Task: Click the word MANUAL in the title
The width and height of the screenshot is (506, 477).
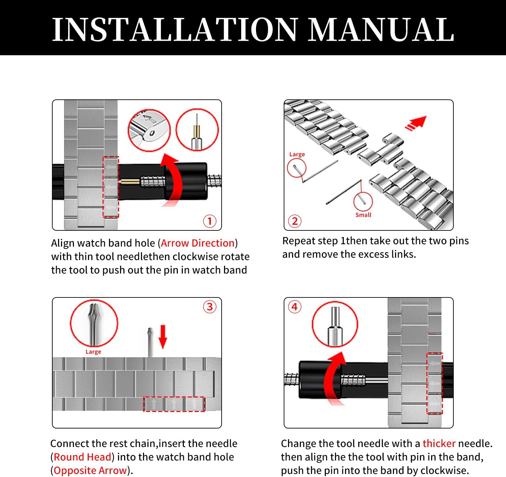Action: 382,30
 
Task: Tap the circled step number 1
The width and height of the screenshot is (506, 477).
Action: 209,221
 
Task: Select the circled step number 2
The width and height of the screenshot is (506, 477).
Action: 294,221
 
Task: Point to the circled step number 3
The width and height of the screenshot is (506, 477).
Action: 209,307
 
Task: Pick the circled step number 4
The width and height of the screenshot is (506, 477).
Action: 294,307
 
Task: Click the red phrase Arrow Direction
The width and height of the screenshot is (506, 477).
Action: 198,243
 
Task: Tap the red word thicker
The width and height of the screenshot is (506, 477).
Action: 439,443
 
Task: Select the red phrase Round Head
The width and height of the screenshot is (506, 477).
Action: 82,457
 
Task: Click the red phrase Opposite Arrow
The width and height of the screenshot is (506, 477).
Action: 90,470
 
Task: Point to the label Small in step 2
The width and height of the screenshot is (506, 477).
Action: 363,215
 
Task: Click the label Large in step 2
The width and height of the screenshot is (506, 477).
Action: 297,154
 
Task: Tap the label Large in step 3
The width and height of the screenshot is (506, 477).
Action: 93,352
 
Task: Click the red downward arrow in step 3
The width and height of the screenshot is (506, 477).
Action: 163,337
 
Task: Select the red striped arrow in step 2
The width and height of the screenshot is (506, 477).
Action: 416,123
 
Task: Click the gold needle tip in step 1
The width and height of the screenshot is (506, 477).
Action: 130,182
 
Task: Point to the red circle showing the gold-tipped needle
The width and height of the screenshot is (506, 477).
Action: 197,130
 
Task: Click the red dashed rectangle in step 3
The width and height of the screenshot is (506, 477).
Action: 174,404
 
